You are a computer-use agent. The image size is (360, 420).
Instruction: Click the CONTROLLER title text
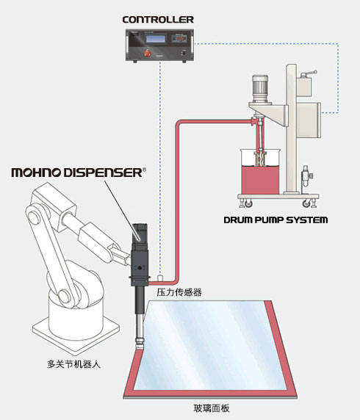(x=158, y=20)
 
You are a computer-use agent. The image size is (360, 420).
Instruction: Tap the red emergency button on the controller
(x=148, y=53)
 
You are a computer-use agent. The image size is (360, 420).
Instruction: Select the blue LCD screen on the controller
(x=156, y=39)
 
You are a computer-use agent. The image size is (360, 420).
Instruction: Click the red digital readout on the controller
(x=179, y=39)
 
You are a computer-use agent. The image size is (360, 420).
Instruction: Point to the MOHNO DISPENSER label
(x=79, y=173)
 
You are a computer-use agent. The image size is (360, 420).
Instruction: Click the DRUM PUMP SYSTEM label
(x=276, y=220)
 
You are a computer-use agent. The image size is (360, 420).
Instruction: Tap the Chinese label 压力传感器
(x=179, y=292)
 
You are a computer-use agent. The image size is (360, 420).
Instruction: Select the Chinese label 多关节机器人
(x=73, y=364)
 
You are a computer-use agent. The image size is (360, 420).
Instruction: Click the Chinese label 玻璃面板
(x=212, y=408)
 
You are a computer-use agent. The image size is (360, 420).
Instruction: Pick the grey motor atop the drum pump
(x=260, y=88)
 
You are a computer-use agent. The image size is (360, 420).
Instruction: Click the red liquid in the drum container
(x=260, y=179)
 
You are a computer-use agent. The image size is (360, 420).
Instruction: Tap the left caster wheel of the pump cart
(x=248, y=204)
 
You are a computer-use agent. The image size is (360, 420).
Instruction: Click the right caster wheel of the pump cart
(x=306, y=204)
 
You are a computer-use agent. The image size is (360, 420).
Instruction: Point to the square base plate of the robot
(x=76, y=332)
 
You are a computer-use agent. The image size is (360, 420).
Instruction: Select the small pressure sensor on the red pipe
(x=160, y=278)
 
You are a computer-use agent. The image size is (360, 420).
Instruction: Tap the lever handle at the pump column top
(x=309, y=73)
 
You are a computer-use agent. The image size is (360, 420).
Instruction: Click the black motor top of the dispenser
(x=140, y=233)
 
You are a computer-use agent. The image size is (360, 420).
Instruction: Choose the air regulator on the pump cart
(x=306, y=177)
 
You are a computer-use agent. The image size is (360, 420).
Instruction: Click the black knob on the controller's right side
(x=184, y=53)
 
